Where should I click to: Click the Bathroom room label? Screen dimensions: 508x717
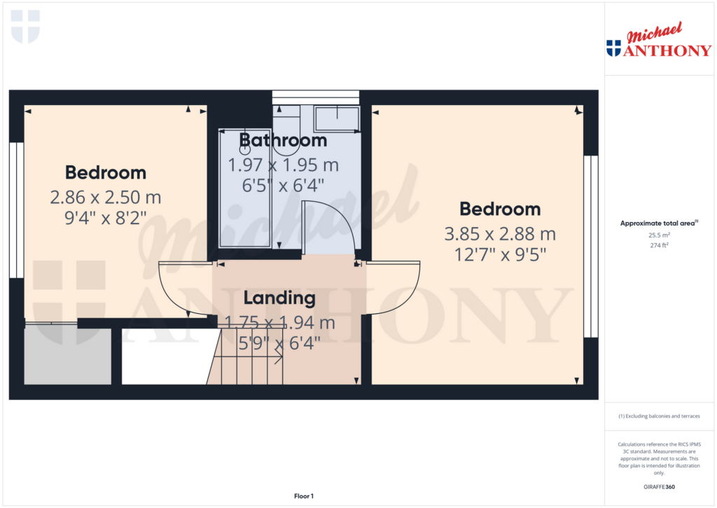[283, 140]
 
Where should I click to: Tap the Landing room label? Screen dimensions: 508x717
[279, 298]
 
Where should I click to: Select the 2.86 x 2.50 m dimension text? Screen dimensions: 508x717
[106, 197]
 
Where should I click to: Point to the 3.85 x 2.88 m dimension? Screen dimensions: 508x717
[500, 233]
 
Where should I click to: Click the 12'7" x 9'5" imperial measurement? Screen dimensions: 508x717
[500, 254]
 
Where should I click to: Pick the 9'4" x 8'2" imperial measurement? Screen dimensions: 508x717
[106, 218]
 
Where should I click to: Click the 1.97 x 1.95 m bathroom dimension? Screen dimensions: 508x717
[283, 165]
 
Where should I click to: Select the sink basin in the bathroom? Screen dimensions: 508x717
[337, 118]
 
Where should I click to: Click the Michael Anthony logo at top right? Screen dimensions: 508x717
[659, 41]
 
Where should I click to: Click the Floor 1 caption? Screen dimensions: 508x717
[303, 496]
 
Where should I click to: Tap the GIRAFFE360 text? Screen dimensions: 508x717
[659, 487]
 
